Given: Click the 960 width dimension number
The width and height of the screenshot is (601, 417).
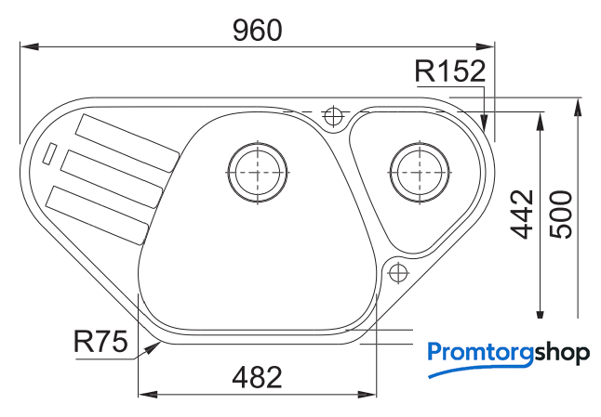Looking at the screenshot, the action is tap(257, 31).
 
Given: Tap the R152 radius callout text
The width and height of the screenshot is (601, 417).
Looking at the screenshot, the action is tap(450, 72).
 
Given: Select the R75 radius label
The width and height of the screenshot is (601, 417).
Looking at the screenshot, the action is tap(100, 342).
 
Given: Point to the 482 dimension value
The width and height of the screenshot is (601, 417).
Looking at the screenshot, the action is tap(257, 377).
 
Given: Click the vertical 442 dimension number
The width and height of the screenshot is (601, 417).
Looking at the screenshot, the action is tap(522, 214).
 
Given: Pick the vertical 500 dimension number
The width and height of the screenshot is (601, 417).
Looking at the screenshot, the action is tap(560, 214).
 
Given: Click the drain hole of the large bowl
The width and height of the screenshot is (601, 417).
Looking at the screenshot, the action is tap(257, 172).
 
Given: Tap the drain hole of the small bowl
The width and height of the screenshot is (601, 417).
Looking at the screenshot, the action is tap(420, 172).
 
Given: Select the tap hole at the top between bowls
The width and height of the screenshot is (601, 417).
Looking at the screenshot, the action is tap(333, 115).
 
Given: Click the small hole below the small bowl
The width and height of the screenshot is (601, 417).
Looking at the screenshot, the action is tap(398, 273).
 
